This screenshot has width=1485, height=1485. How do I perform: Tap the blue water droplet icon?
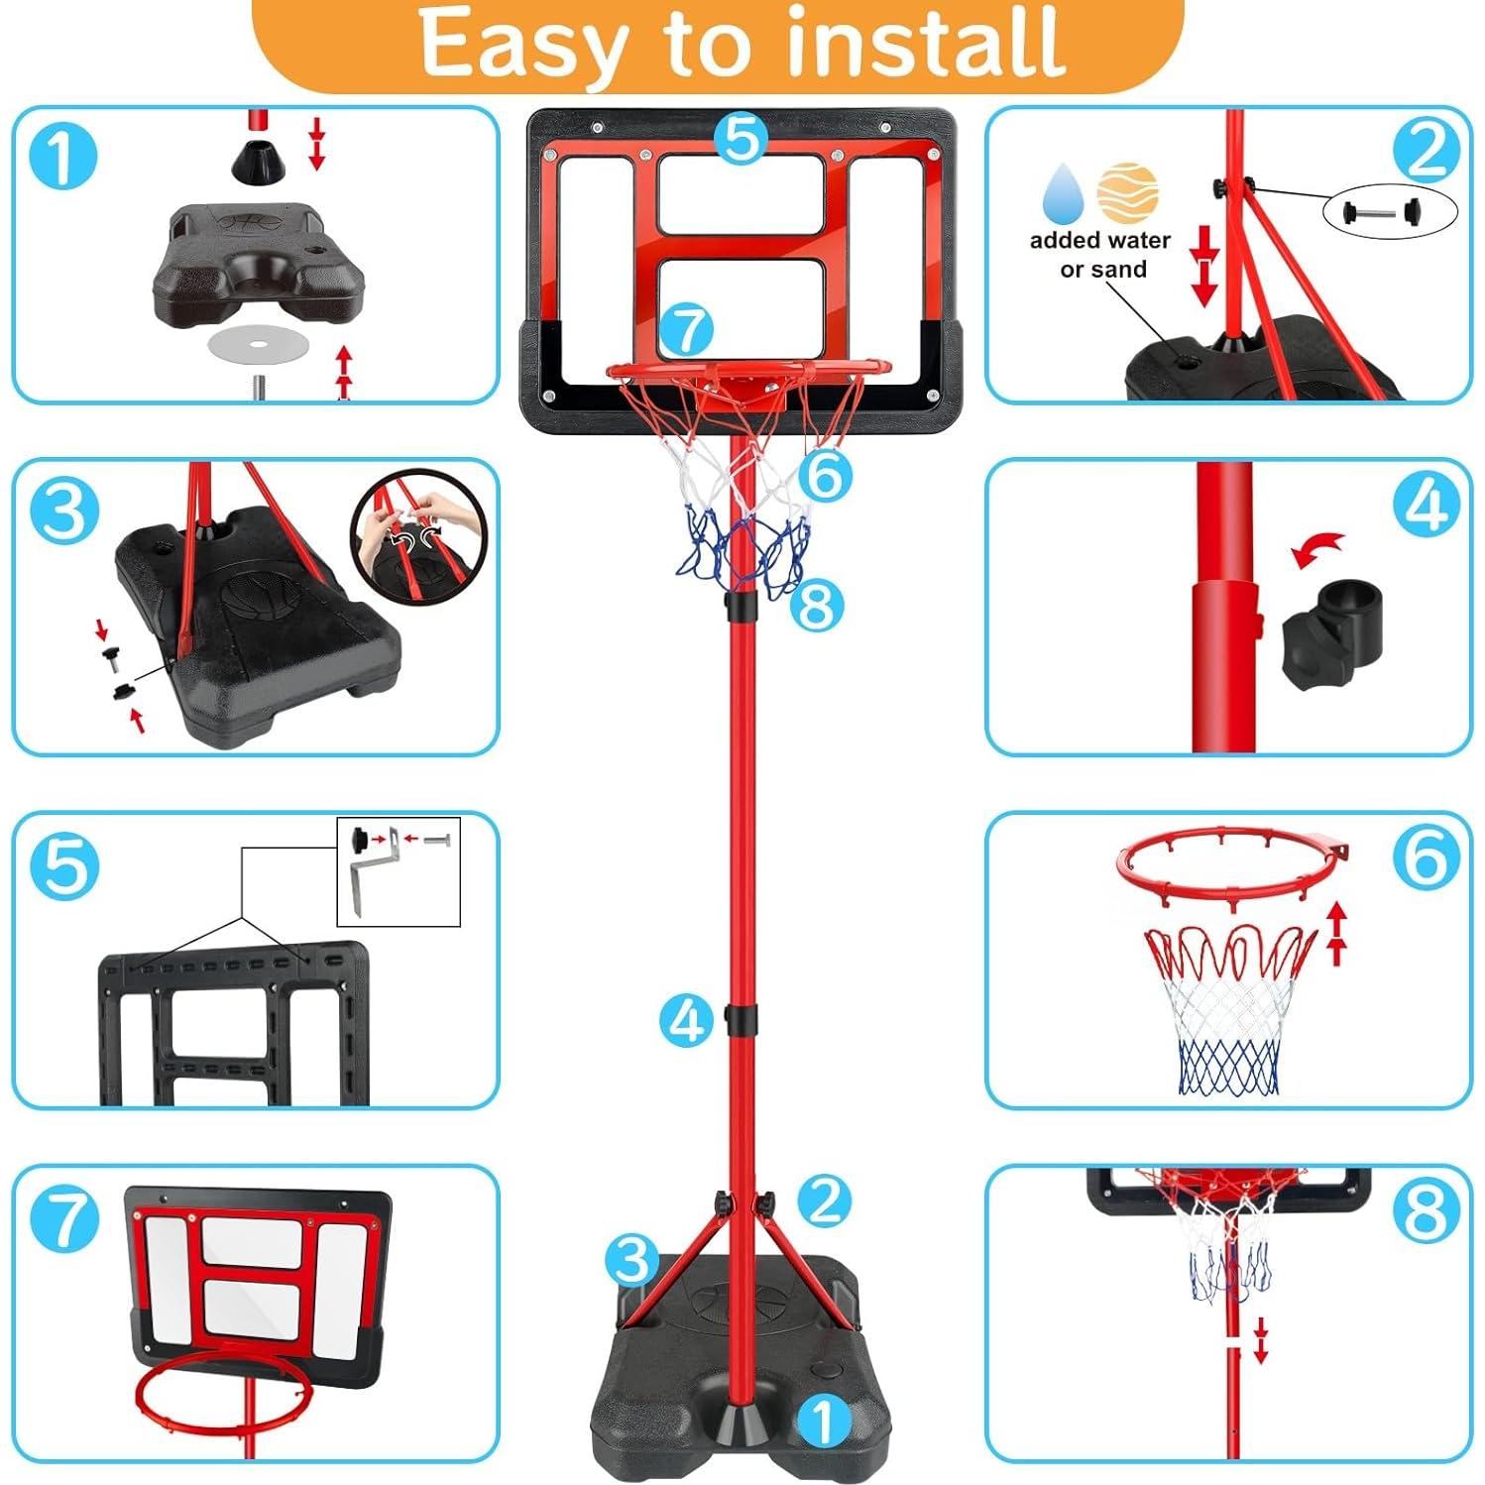click(1064, 192)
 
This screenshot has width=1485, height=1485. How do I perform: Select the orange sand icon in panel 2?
click(1128, 192)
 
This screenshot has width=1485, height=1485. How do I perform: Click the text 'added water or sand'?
click(1100, 255)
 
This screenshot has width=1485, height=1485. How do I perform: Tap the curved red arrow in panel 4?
click(1318, 549)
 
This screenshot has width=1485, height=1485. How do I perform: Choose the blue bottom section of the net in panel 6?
click(1229, 1069)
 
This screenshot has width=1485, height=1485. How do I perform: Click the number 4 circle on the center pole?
click(687, 1020)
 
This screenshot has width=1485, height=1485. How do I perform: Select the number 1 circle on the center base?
click(823, 1421)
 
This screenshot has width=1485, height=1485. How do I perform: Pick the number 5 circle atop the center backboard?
click(741, 138)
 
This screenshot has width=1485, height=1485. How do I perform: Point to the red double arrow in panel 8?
click(1260, 1340)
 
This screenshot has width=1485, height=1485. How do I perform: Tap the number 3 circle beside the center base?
click(632, 1260)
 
